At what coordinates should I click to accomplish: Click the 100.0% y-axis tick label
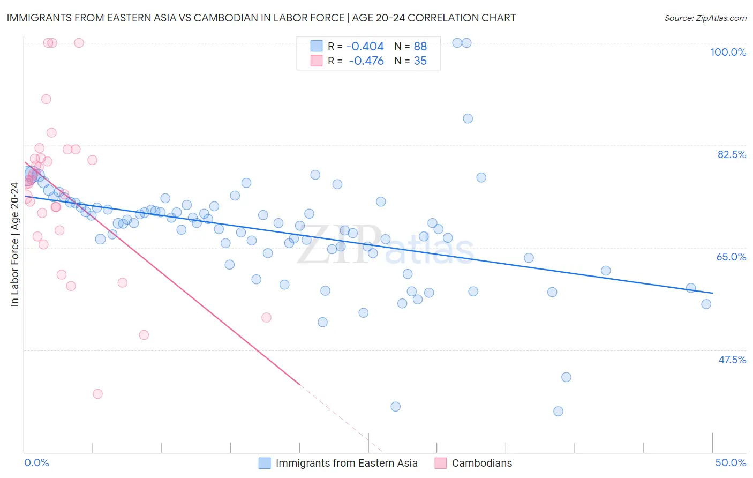728,52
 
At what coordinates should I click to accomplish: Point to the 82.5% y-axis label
732,154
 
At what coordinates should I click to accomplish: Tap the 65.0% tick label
731,257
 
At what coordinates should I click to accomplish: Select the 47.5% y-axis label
732,360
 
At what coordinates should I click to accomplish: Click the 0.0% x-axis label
36,462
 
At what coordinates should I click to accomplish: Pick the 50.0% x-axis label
731,462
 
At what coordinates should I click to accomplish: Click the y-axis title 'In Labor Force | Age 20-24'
14,244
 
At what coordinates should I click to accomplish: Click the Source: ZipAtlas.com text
705,18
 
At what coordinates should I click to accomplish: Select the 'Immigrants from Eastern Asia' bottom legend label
347,463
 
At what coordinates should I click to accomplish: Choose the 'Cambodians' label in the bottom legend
482,463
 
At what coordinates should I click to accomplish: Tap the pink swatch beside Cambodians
441,463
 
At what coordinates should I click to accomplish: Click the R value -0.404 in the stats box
365,47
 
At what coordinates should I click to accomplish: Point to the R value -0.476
366,61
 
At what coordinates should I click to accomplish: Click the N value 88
420,47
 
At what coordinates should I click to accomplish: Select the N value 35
420,61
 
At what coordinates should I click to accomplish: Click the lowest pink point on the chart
97,394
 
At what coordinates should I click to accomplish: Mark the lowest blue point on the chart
558,412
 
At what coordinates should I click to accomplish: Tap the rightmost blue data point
706,304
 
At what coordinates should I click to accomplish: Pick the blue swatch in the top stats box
317,46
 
